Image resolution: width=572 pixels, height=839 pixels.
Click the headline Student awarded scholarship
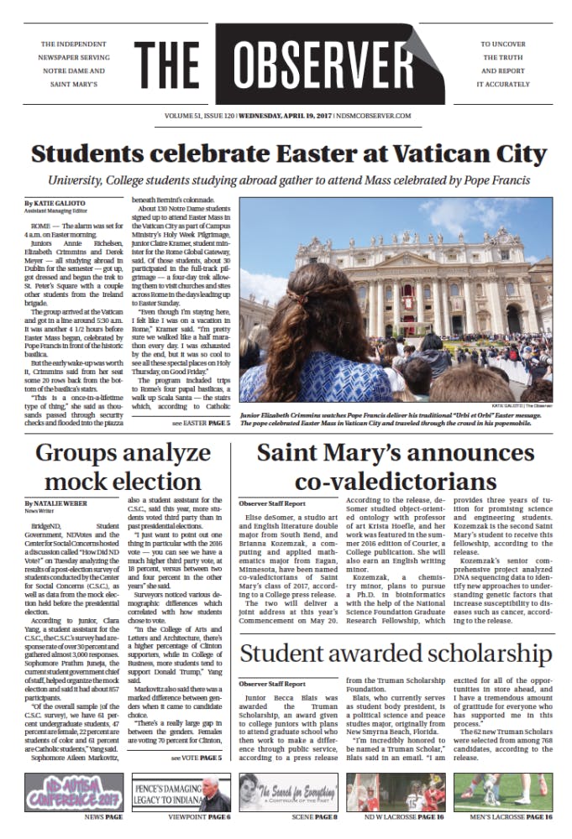pos(396,653)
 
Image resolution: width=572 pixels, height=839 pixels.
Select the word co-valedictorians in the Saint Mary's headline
pos(395,481)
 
